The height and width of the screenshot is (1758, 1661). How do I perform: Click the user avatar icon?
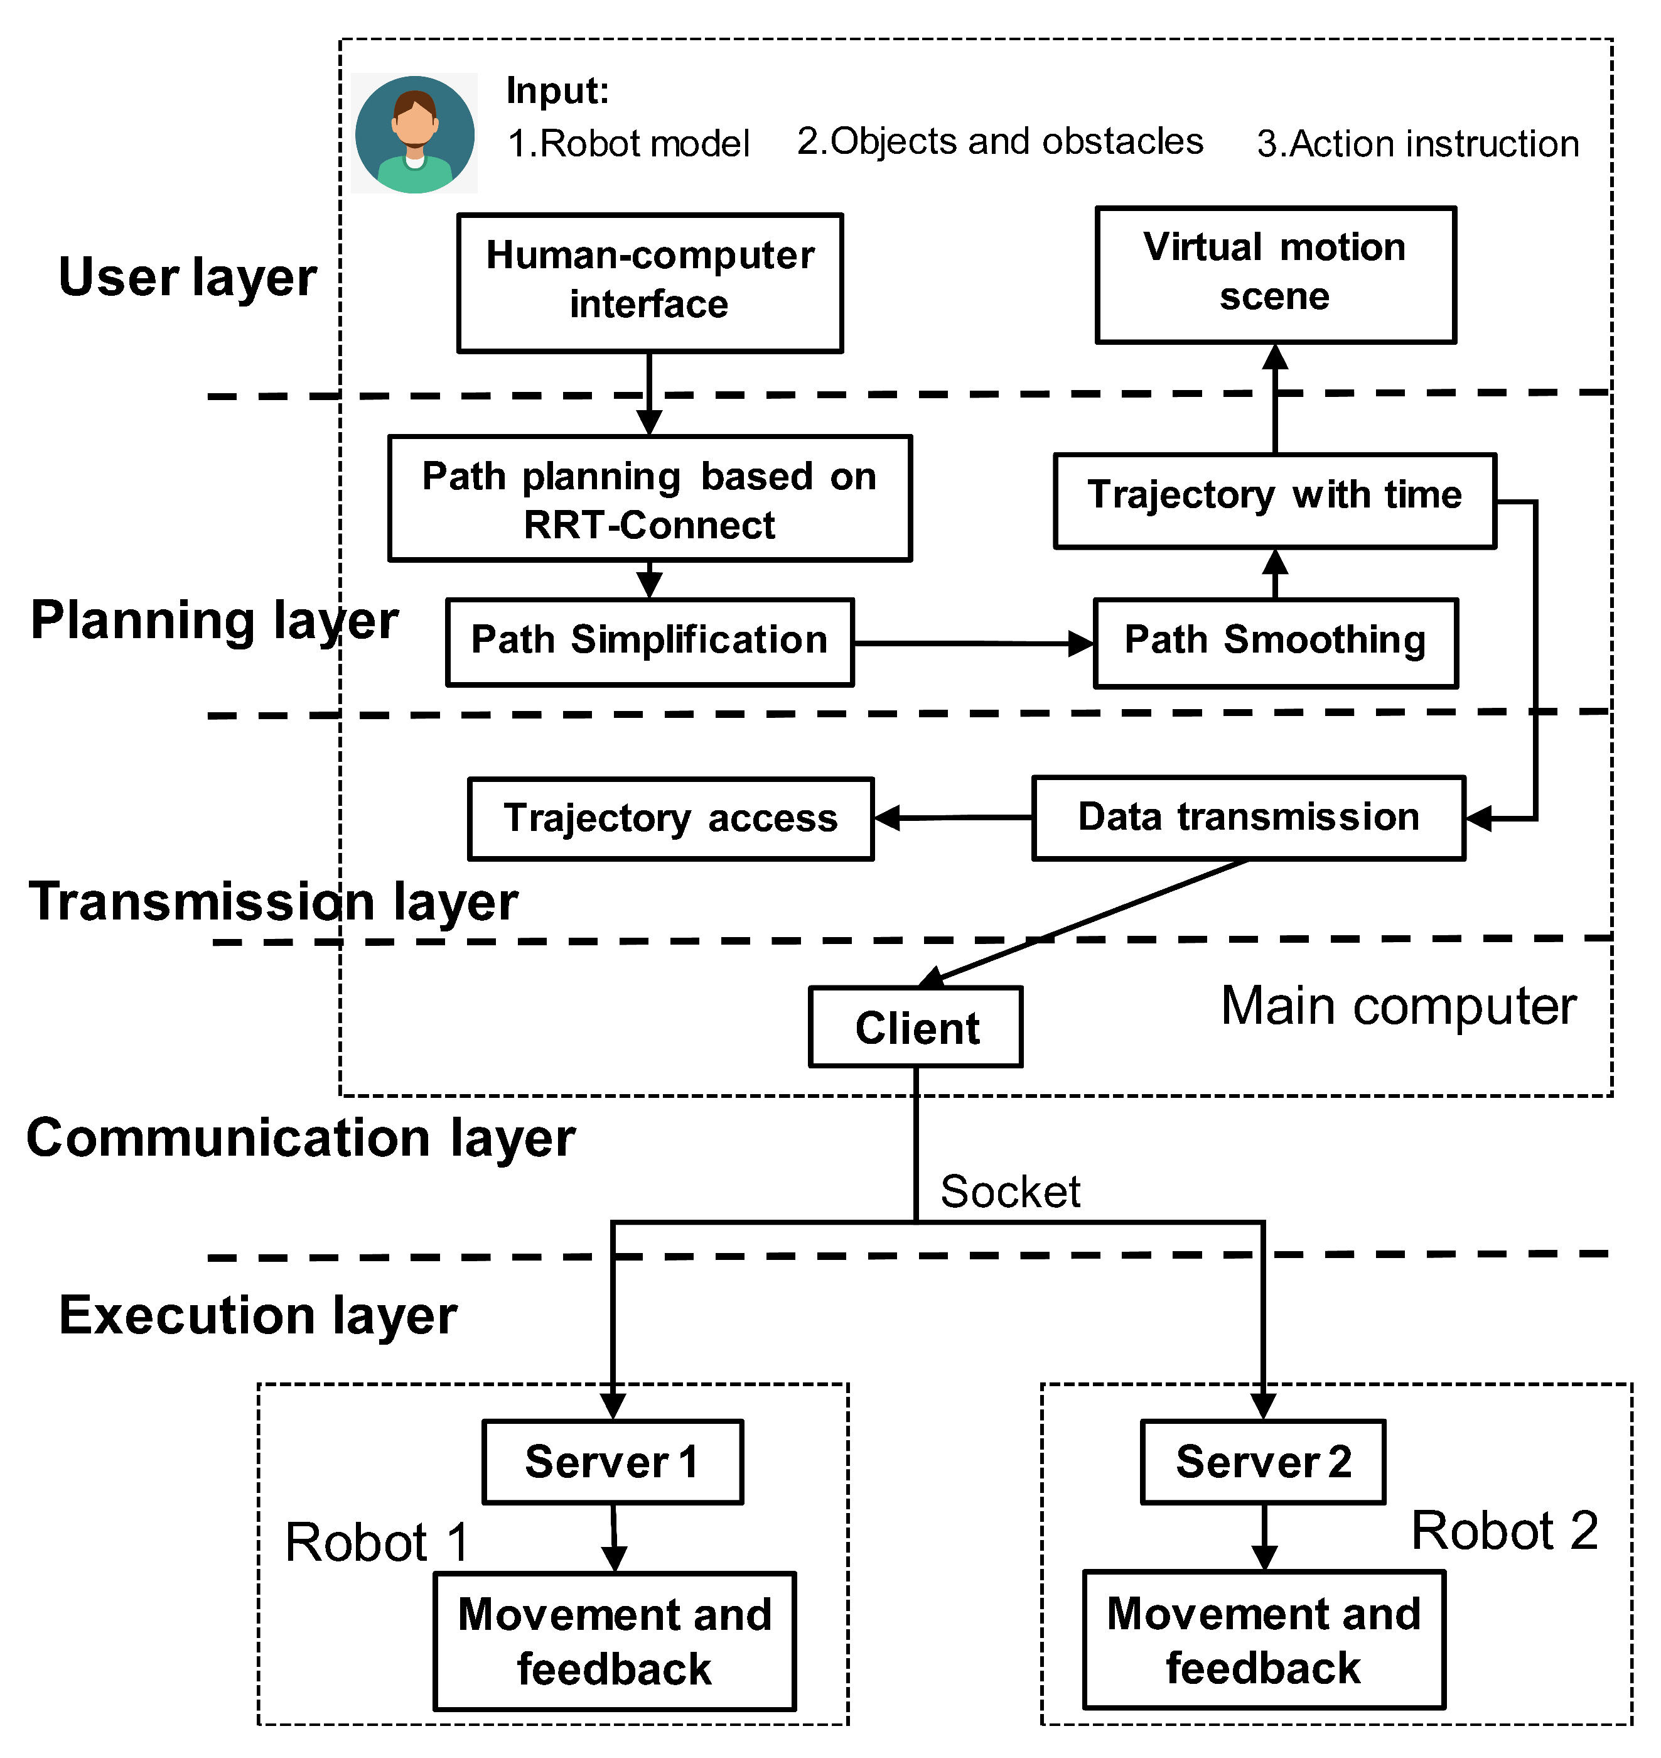pyautogui.click(x=414, y=134)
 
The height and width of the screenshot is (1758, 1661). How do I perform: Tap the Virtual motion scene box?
pyautogui.click(x=1275, y=274)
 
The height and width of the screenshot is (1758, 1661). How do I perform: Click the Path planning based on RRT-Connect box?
pyautogui.click(x=650, y=499)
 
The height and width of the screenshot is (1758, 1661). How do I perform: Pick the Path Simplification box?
pyautogui.click(x=650, y=642)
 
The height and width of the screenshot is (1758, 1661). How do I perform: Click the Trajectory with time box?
pyautogui.click(x=1275, y=501)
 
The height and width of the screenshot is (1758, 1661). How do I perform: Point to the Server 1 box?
pyautogui.click(x=613, y=1462)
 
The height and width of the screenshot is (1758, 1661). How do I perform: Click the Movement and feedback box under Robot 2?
pyautogui.click(x=1264, y=1640)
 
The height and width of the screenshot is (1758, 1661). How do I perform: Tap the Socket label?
pyautogui.click(x=1009, y=1191)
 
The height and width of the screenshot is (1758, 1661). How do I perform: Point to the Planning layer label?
pyautogui.click(x=214, y=620)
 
